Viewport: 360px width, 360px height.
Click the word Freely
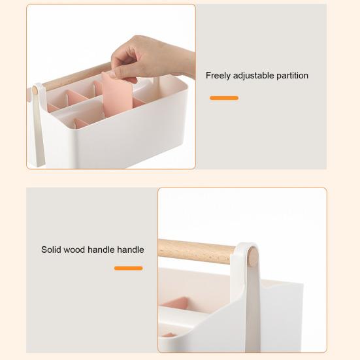click(x=218, y=76)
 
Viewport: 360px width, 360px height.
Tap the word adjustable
click(x=254, y=76)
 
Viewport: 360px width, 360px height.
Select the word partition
click(x=292, y=76)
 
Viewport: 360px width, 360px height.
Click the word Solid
click(x=51, y=250)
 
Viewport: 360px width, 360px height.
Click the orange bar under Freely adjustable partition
click(x=224, y=98)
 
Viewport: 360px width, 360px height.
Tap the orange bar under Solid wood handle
click(x=128, y=268)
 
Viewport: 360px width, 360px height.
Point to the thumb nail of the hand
click(x=112, y=74)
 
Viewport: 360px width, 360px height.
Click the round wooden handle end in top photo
click(x=35, y=90)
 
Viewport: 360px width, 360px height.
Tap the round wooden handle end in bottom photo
click(x=253, y=257)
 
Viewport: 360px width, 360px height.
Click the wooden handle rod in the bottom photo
click(x=196, y=252)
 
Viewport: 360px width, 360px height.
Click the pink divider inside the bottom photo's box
click(x=176, y=303)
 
